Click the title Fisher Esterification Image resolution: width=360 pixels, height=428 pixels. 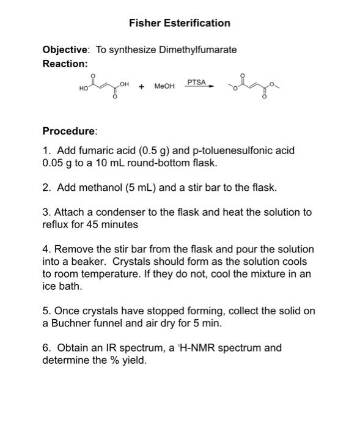tap(180, 23)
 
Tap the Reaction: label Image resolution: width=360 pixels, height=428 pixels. tap(65, 64)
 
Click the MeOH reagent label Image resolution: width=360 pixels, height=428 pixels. tap(164, 87)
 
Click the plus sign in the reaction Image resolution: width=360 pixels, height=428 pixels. tap(141, 87)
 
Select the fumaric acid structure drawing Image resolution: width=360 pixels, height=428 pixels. tap(104, 87)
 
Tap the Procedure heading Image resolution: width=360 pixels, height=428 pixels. tap(70, 131)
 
